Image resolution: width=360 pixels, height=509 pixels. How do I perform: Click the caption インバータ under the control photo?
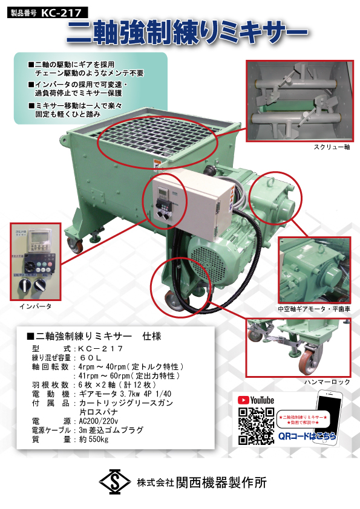(x=36, y=306)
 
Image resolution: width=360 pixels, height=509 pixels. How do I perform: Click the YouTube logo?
(x=256, y=400)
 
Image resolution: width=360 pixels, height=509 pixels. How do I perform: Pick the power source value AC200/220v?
(x=99, y=421)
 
